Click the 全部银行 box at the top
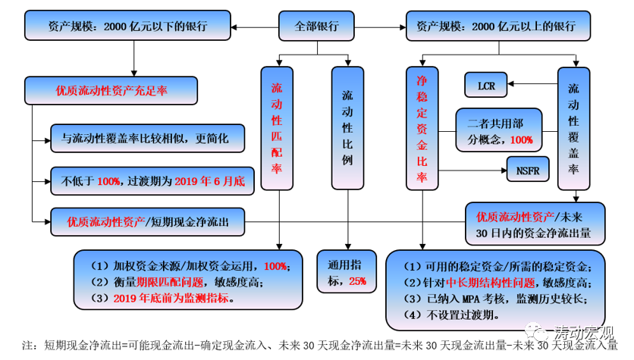(x=317, y=27)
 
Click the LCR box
(x=485, y=86)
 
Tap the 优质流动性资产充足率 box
(x=111, y=89)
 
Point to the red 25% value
(x=357, y=281)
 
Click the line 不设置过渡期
(x=448, y=315)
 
